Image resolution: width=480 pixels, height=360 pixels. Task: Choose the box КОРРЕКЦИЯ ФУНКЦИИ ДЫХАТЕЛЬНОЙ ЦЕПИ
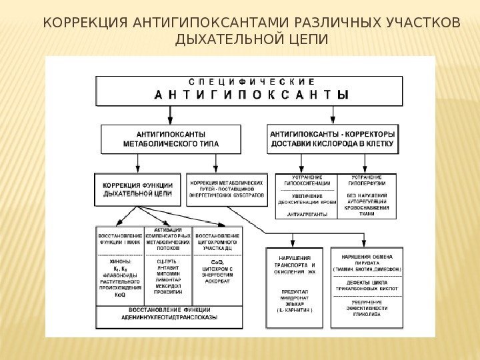pyautogui.click(x=138, y=189)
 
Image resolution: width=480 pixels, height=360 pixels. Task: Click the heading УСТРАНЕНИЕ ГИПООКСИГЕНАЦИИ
pyautogui.click(x=307, y=180)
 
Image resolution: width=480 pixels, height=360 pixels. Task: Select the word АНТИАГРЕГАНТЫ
pyautogui.click(x=306, y=214)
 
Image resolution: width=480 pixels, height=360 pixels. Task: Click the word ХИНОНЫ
pyautogui.click(x=120, y=261)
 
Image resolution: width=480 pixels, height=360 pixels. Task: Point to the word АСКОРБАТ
pyautogui.click(x=217, y=281)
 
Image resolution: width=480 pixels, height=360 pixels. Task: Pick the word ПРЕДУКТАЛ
pyautogui.click(x=293, y=291)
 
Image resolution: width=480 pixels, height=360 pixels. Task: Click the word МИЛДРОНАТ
pyautogui.click(x=293, y=297)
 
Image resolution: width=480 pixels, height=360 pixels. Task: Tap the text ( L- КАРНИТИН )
pyautogui.click(x=293, y=310)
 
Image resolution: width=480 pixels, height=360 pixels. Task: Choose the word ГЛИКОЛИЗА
pyautogui.click(x=367, y=315)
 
